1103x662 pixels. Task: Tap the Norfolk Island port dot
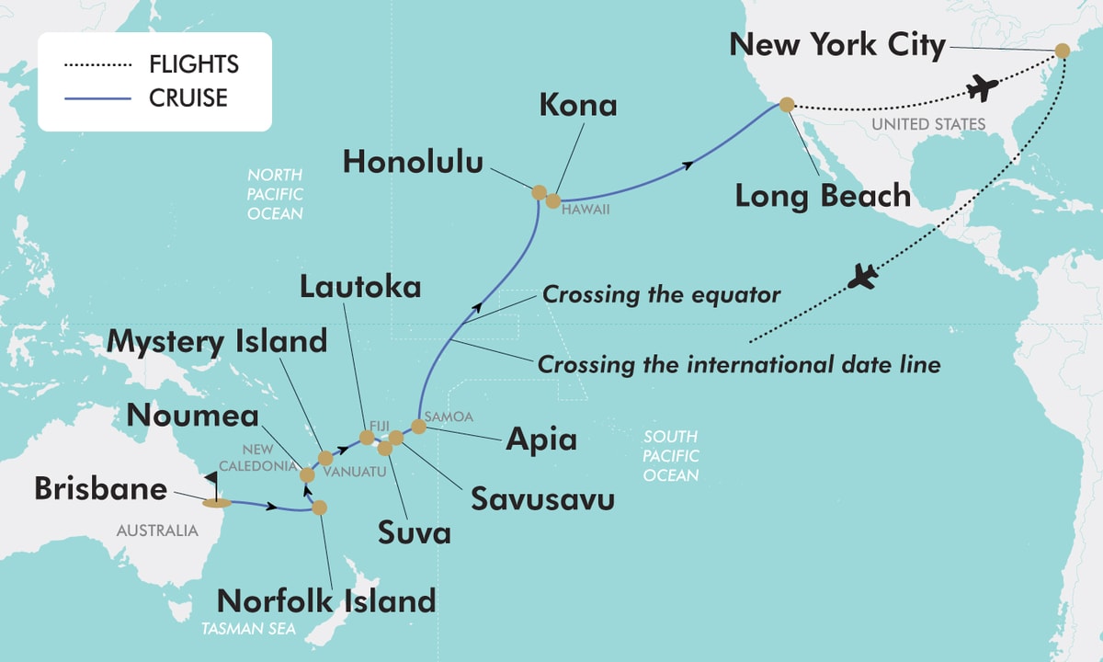tap(319, 507)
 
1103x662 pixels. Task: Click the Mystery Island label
tap(217, 342)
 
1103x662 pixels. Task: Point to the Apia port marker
tap(418, 426)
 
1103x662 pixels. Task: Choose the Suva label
tap(415, 531)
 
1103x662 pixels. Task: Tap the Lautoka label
tap(360, 288)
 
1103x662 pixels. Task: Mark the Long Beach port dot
tap(786, 105)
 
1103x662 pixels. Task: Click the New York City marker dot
tap(1062, 51)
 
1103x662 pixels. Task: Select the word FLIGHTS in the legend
tap(194, 64)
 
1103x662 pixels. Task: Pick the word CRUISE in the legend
tap(188, 97)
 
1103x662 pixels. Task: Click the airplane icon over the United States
tap(982, 89)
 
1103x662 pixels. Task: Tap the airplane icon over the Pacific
tap(863, 276)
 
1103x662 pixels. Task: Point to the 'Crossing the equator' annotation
tap(661, 295)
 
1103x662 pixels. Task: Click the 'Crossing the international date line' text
tap(739, 364)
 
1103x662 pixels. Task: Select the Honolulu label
tap(413, 163)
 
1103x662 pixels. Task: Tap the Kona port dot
tap(553, 200)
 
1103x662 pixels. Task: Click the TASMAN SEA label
tap(239, 630)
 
